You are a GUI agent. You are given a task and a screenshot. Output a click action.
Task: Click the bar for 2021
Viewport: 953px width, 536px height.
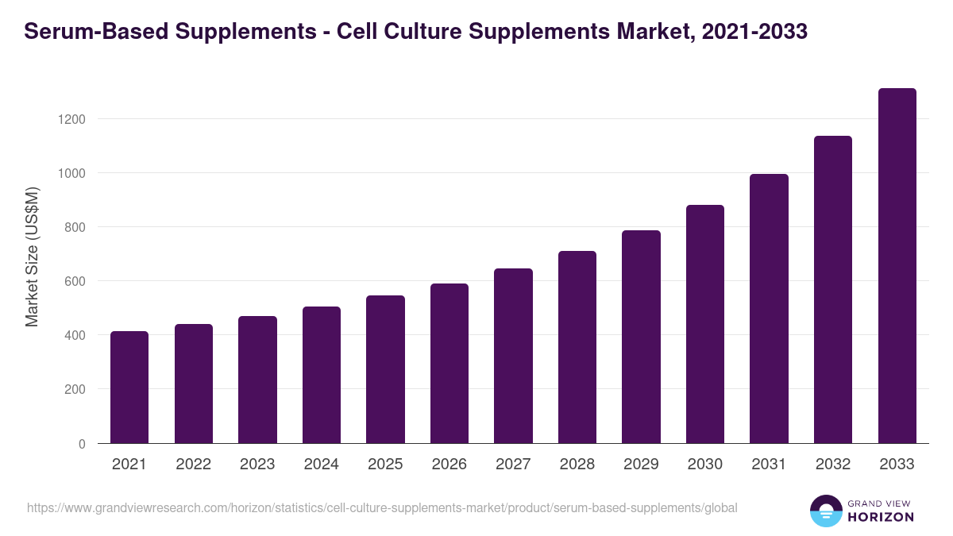129,387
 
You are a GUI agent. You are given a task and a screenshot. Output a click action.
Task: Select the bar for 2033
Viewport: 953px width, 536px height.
897,266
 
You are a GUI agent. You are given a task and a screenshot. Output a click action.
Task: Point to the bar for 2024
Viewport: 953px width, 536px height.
322,375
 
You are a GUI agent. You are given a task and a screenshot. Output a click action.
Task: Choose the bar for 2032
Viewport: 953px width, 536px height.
833,290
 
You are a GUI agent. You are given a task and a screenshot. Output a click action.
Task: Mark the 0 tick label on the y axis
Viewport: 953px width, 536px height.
81,444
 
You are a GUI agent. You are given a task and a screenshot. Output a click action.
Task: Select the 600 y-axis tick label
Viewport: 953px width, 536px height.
74,281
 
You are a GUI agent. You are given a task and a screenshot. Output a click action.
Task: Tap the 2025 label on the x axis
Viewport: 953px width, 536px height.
385,465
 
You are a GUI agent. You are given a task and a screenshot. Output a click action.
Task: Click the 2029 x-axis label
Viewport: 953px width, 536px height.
641,465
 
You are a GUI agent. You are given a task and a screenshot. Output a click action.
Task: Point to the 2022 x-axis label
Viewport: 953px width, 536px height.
193,465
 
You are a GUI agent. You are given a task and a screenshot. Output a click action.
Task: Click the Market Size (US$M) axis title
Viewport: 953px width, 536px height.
32,257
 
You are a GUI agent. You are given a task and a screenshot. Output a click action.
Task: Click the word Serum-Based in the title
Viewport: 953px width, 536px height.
98,32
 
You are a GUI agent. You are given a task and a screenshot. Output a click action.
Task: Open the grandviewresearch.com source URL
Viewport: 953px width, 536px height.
382,507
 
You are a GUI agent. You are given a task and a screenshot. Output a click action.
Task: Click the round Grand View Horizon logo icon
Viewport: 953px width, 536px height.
825,511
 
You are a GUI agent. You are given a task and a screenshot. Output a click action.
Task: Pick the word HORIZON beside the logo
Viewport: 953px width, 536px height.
881,517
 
